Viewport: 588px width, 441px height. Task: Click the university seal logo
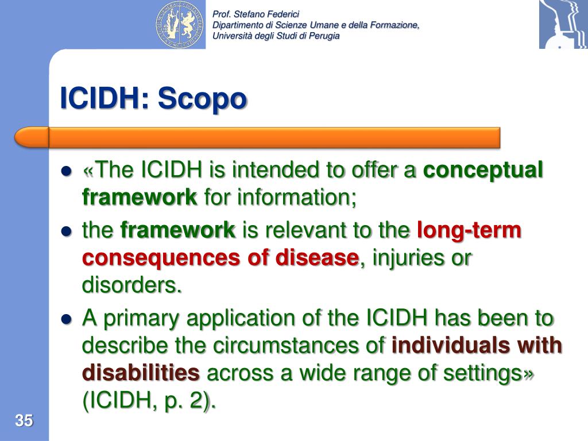[180, 24]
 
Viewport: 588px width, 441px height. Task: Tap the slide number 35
[24, 420]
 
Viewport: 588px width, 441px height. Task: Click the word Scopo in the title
[202, 99]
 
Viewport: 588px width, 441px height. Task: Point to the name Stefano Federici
[266, 14]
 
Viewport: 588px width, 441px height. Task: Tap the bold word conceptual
[483, 171]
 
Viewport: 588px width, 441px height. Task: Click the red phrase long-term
[469, 230]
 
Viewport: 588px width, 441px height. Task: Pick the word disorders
[131, 285]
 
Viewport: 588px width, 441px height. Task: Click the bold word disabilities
[141, 373]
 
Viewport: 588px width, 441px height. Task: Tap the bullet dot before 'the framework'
[66, 231]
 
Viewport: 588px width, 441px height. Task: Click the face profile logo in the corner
[563, 24]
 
